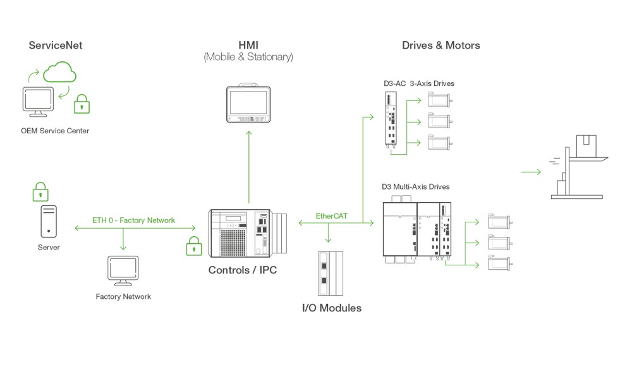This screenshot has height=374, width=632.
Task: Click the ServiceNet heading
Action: [56, 45]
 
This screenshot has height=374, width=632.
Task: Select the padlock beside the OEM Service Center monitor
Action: [82, 104]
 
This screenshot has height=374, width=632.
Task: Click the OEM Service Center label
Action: [55, 131]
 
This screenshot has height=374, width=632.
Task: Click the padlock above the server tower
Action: [40, 191]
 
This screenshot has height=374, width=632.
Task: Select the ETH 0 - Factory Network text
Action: [133, 220]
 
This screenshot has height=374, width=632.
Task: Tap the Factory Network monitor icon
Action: [123, 270]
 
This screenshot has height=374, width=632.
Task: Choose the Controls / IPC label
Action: [243, 270]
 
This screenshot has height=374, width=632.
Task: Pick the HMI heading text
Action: [248, 45]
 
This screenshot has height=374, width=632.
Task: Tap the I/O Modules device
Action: [331, 274]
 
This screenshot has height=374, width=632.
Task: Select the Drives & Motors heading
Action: [441, 45]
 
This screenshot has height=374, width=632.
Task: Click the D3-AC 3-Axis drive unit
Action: [391, 119]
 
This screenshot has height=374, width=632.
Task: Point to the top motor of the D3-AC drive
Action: [439, 99]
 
